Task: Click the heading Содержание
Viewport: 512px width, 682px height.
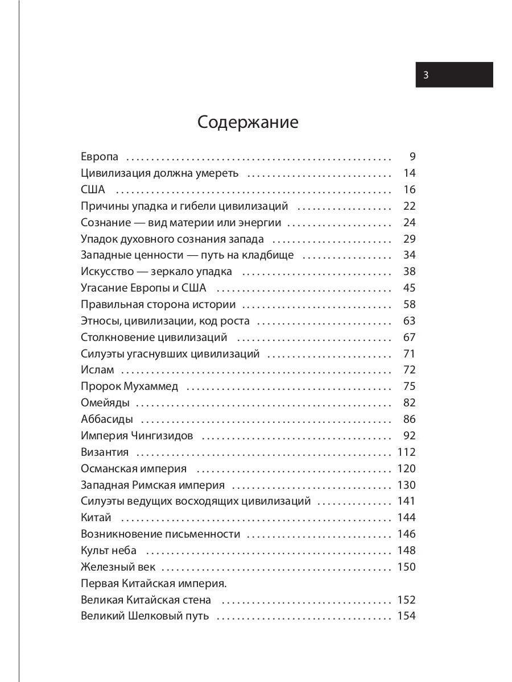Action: [x=247, y=122]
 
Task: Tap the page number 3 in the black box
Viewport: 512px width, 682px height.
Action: [x=426, y=75]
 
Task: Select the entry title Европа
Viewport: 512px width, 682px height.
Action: [x=100, y=157]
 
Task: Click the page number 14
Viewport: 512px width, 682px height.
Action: [x=410, y=173]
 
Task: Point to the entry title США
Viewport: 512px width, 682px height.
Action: [x=93, y=190]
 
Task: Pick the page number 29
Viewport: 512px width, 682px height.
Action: [x=410, y=239]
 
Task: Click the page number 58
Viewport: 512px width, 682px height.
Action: [x=410, y=305]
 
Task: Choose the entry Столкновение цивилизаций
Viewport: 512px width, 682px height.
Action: [x=154, y=338]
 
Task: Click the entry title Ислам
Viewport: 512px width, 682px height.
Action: [x=97, y=370]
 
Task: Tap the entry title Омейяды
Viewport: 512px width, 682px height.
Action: [x=105, y=403]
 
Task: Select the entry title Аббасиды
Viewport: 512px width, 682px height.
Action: [x=107, y=419]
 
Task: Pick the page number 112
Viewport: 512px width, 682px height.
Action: [x=406, y=452]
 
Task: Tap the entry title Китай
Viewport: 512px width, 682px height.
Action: [x=96, y=518]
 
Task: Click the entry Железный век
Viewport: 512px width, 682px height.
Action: [x=118, y=567]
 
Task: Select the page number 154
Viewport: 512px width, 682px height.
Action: [x=406, y=616]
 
